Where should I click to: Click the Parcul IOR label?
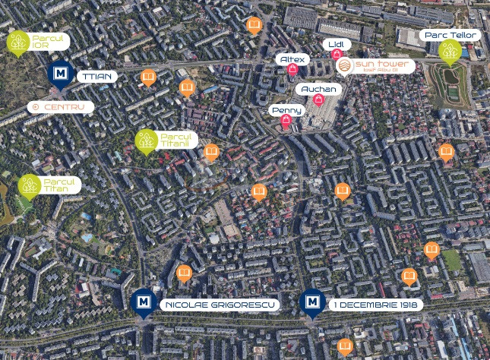pos(51,41)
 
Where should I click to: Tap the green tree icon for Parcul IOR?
pos(18,43)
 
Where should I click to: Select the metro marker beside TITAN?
pos(61,74)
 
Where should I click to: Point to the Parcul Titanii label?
pos(178,140)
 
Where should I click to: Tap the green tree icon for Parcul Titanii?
pos(146,141)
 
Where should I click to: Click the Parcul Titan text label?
pos(61,185)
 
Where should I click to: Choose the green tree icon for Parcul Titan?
pos(29,185)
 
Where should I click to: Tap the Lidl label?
pos(336,45)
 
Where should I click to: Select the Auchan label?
pos(318,90)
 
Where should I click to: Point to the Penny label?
pos(286,111)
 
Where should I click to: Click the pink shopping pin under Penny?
pos(286,123)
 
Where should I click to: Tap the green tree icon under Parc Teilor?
pos(448,52)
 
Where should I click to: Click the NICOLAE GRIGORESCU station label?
pos(219,305)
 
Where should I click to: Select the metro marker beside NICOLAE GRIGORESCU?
pos(142,302)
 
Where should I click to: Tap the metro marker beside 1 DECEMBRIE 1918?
pos(311,302)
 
